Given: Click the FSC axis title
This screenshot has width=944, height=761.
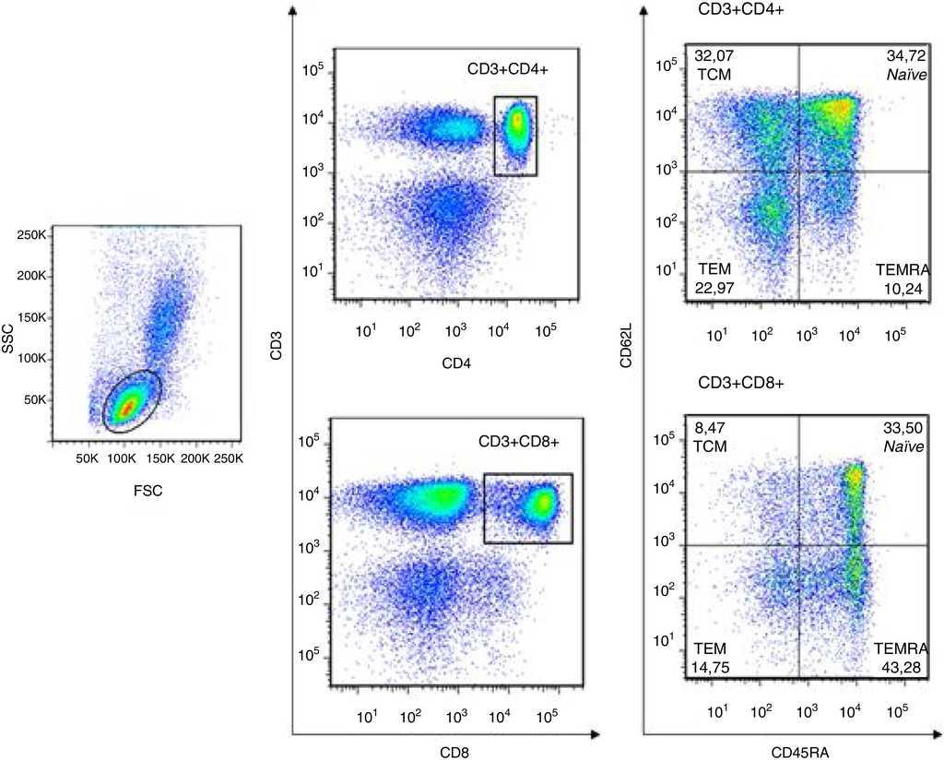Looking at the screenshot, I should click(147, 490).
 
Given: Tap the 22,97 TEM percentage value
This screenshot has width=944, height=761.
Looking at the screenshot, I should click(713, 291).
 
